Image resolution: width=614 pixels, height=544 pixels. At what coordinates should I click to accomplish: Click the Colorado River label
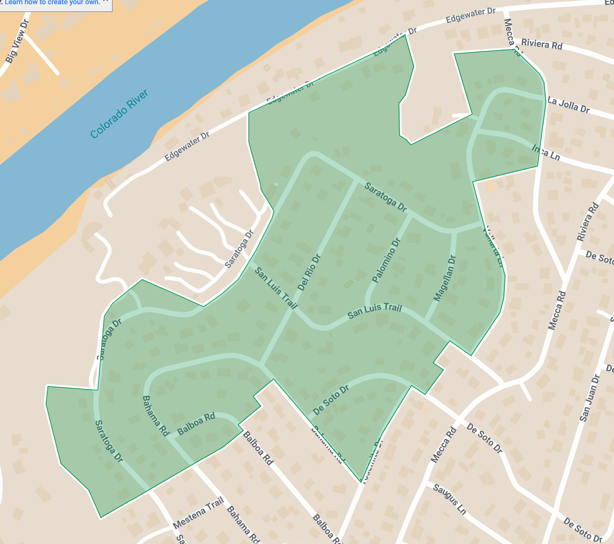point(119,114)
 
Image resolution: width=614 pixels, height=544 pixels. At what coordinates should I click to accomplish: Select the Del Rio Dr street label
point(309,273)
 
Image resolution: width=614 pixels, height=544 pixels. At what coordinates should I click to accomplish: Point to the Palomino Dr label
point(386,261)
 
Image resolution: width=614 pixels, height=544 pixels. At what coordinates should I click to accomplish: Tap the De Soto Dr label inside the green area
point(331,400)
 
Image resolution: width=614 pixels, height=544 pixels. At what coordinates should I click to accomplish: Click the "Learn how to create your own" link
point(52,3)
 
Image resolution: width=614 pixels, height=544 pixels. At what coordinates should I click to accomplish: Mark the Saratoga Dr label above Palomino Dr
point(385,197)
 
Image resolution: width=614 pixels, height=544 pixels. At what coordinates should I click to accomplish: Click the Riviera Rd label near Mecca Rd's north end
point(542,44)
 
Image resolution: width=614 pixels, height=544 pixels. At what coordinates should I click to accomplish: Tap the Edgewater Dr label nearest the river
point(187,147)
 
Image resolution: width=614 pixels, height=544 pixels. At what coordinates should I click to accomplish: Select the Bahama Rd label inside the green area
point(155,416)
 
